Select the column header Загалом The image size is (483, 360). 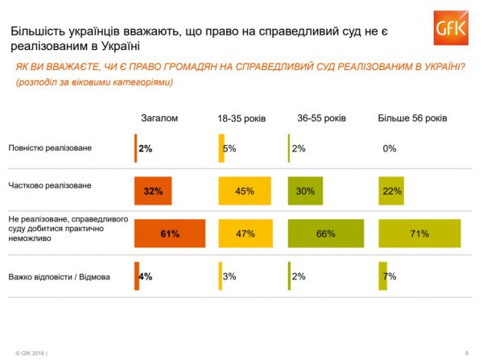click(159, 118)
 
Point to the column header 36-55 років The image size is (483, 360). click(321, 118)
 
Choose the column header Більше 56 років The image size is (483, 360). click(412, 118)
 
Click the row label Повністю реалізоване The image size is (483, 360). click(50, 149)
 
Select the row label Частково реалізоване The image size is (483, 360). click(49, 185)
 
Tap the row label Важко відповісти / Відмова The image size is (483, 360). click(59, 277)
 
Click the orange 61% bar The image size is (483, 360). click(170, 234)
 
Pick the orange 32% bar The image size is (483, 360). click(153, 191)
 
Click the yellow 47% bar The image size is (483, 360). click(245, 234)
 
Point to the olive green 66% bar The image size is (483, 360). click(325, 234)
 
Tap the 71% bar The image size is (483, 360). click(419, 234)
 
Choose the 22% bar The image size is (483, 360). click(392, 191)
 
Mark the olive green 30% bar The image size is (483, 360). click(305, 191)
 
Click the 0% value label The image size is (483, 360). click(390, 148)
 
